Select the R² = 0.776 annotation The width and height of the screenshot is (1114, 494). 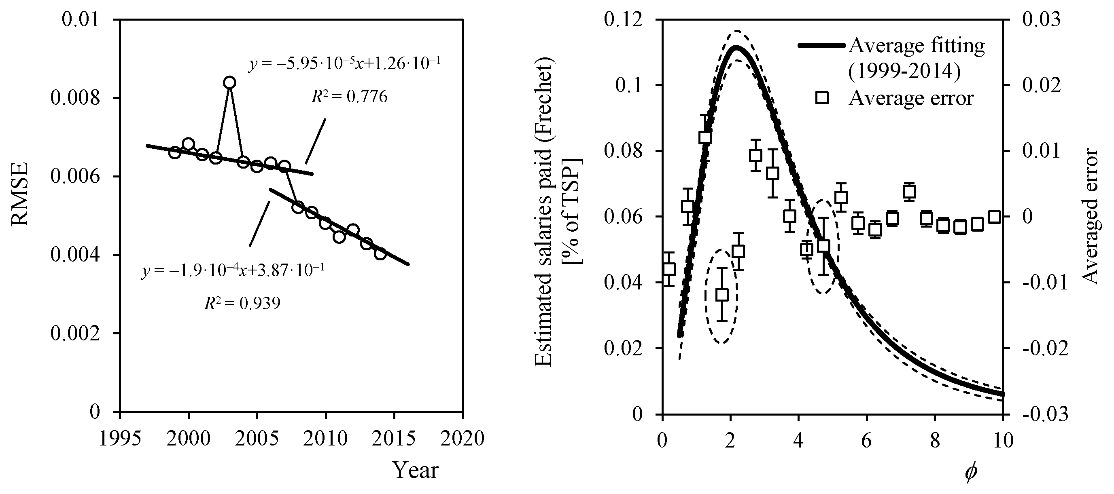tap(349, 97)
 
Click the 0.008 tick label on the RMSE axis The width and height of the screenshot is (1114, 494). tap(75, 98)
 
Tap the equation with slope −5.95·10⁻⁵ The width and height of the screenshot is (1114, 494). tap(345, 64)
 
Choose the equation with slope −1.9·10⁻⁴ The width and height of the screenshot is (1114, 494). tap(233, 271)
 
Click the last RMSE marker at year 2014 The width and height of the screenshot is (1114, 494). tap(380, 254)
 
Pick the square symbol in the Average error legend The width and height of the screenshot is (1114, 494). tap(822, 98)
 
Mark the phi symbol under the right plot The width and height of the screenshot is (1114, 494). tap(970, 473)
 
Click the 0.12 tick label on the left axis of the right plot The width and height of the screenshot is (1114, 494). tap(623, 20)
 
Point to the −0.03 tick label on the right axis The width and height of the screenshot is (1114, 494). tap(1044, 414)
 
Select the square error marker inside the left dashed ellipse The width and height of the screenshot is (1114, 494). tap(721, 295)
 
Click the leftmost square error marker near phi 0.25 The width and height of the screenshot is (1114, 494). tap(669, 269)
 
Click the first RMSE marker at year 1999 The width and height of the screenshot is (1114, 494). tap(175, 152)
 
